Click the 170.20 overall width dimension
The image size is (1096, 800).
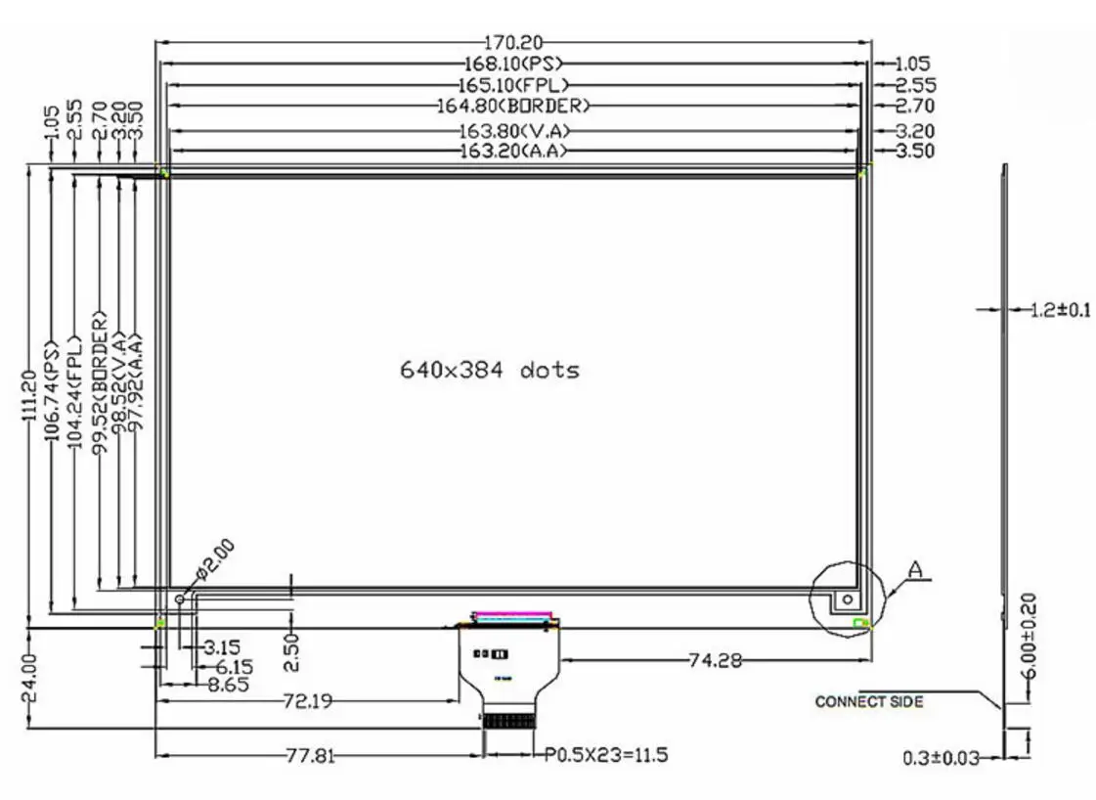(x=513, y=42)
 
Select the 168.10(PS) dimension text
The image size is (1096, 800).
(x=514, y=64)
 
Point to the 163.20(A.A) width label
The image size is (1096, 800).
(x=513, y=151)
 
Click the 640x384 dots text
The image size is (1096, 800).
(x=489, y=370)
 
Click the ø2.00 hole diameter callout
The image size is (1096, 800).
(x=214, y=558)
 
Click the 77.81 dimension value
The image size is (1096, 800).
(x=304, y=756)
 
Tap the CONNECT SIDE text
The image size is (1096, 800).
(x=869, y=701)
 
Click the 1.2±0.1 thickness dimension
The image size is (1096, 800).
(x=1060, y=311)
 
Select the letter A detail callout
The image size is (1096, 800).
(x=916, y=569)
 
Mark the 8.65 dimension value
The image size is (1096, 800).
(x=230, y=684)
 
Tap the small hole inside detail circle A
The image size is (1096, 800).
(x=848, y=599)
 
